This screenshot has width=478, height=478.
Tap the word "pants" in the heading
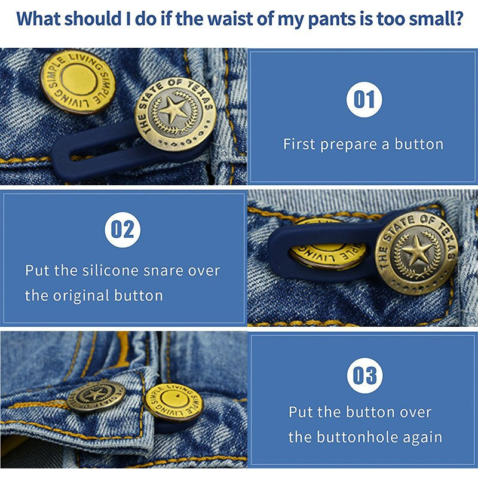pos(331,20)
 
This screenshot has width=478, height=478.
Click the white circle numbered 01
pos(364,99)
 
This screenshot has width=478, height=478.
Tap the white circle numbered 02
pos(122,229)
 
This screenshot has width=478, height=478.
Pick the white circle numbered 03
pos(365,375)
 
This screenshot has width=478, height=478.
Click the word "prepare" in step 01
pos(348,145)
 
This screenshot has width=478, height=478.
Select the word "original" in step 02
pos(81,296)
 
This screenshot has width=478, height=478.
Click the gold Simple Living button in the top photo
pos(78,81)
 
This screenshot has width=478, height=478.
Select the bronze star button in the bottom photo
pos(96,396)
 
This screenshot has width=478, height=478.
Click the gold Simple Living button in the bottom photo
pos(173,402)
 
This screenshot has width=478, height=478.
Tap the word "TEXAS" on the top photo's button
pos(200,94)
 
